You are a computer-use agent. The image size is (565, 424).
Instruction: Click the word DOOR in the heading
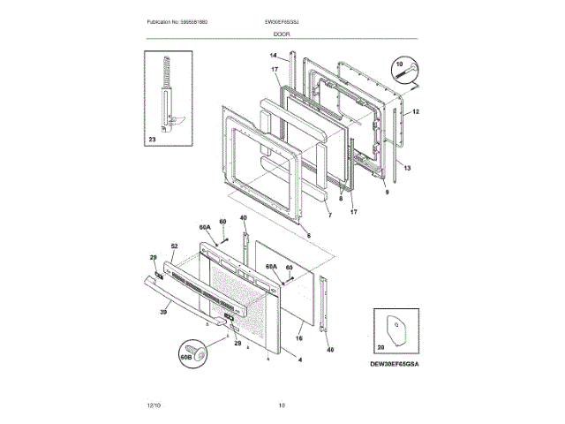[282, 34]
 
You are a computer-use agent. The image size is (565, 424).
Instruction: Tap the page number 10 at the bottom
[282, 405]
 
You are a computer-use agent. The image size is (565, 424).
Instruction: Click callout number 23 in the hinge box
[152, 139]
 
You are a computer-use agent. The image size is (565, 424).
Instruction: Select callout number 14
[274, 57]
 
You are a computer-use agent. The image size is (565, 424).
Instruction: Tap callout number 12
[416, 112]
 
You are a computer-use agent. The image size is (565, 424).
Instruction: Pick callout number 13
[407, 167]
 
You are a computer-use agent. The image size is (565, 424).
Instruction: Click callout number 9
[386, 191]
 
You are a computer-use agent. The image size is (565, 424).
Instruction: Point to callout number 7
[328, 216]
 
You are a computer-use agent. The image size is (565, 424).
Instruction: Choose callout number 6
[308, 235]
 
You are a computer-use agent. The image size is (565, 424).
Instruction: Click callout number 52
[174, 245]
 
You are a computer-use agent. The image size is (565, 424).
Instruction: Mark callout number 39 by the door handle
[163, 311]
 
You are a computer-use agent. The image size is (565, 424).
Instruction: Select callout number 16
[298, 338]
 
